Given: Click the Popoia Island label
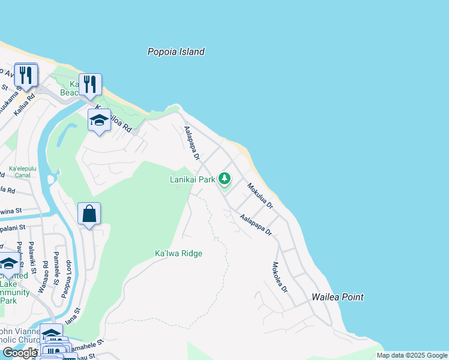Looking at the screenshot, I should point(176,52).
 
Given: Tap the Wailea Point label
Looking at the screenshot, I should point(337,297).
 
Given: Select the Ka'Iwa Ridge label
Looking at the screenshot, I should point(178,253).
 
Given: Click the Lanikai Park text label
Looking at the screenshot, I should point(192,179).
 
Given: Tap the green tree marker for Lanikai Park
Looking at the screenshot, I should point(224,178).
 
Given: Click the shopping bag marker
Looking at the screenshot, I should point(89,214).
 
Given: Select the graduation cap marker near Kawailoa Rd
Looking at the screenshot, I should point(99,121).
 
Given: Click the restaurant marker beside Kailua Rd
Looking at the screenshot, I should point(26,75).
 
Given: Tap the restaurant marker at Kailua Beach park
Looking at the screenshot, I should point(90,85).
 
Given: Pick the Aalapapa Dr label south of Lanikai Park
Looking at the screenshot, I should point(256,225).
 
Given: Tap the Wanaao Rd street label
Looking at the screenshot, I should point(44,275).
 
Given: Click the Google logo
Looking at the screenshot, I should point(20,353).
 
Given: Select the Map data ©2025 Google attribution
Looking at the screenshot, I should point(411,355).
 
